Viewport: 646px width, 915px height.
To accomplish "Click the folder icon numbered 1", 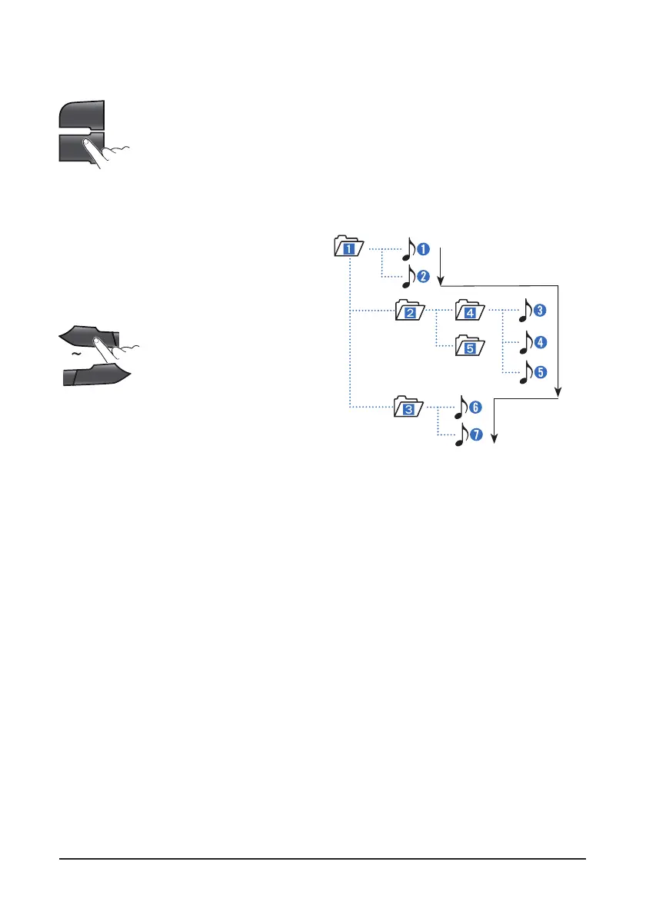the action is (x=348, y=248).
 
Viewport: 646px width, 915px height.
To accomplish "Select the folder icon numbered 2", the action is (x=410, y=311).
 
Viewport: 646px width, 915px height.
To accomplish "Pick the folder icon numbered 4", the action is (x=469, y=311).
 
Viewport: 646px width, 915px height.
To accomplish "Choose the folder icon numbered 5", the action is (x=469, y=347).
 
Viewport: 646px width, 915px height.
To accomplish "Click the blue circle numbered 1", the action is (x=422, y=248).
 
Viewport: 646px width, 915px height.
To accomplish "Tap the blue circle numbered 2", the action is (x=422, y=274).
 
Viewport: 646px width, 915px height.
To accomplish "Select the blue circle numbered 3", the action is (x=541, y=311).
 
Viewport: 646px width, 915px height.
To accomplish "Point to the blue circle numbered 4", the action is (x=541, y=341).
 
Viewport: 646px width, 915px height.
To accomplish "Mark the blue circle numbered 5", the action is (x=541, y=372).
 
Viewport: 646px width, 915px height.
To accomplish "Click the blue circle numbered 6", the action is (x=475, y=405).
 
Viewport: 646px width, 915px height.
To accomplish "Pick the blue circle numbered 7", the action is (x=475, y=435).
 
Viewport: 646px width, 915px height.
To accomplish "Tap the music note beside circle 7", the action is (x=461, y=436).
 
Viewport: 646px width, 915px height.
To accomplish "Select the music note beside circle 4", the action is (x=527, y=341).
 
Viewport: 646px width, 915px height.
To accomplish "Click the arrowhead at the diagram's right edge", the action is (x=560, y=393).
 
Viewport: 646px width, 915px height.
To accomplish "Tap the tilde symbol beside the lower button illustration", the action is (x=75, y=355).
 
